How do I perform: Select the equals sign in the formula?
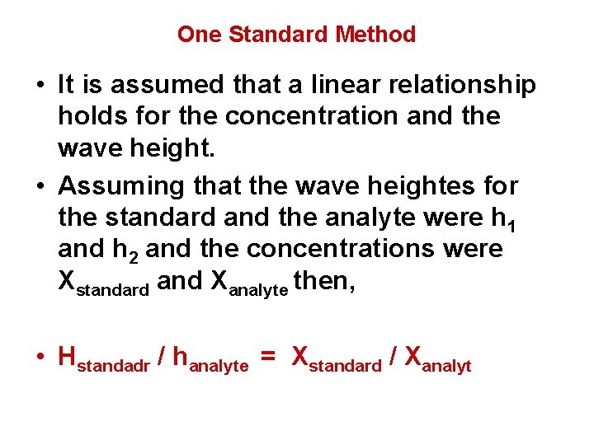click(x=267, y=358)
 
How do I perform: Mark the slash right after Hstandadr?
click(x=163, y=357)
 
